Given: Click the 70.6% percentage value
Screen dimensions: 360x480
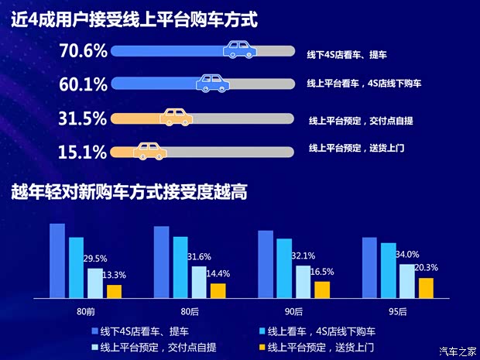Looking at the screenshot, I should click(83, 52).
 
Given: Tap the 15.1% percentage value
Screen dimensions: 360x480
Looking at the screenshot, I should click(83, 152).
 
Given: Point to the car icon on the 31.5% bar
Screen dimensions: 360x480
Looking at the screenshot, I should click(176, 118).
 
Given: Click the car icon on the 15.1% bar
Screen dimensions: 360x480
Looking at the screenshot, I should click(151, 152).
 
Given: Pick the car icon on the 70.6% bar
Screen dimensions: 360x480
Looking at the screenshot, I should click(241, 51).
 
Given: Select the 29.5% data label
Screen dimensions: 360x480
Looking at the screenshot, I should click(95, 259).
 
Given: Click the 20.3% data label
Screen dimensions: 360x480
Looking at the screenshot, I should click(425, 268).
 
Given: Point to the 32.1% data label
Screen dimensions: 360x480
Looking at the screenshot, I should click(303, 255).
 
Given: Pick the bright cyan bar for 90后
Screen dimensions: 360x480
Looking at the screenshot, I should click(284, 268).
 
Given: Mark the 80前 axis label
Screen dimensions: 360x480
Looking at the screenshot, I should click(85, 311).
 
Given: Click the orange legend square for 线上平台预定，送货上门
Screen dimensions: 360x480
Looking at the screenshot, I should click(262, 346).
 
